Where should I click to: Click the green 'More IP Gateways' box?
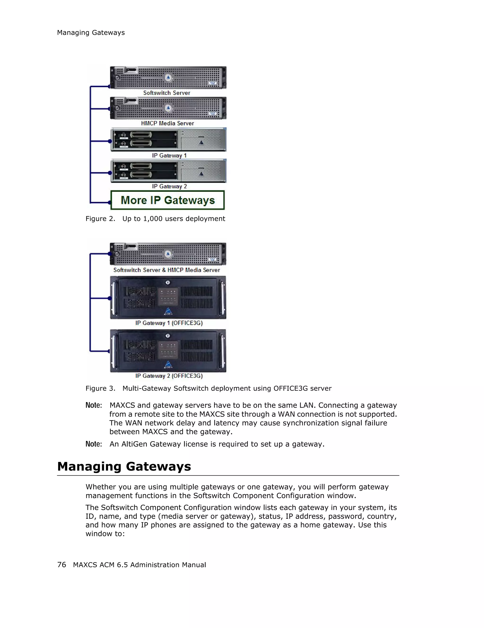tap(168, 200)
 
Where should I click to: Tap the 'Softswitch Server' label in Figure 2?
tap(167, 93)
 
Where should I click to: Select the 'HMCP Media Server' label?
tap(168, 123)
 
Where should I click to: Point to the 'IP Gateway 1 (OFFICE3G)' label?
tap(169, 323)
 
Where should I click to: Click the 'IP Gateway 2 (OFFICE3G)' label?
tap(169, 376)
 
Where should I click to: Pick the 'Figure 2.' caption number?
tap(100, 219)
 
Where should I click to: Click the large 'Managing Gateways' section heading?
tap(124, 466)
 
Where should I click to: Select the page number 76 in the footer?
tap(62, 565)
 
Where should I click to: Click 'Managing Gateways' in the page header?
tap(91, 33)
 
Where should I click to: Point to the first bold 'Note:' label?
tap(94, 405)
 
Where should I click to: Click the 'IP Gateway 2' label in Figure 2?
tap(169, 186)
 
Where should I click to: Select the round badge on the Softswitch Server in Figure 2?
tap(168, 78)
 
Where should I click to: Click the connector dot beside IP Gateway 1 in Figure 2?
tap(110, 141)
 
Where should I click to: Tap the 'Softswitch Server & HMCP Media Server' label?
tap(167, 270)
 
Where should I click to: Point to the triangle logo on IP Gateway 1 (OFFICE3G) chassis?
tap(168, 311)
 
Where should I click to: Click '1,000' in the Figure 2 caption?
tap(153, 219)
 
